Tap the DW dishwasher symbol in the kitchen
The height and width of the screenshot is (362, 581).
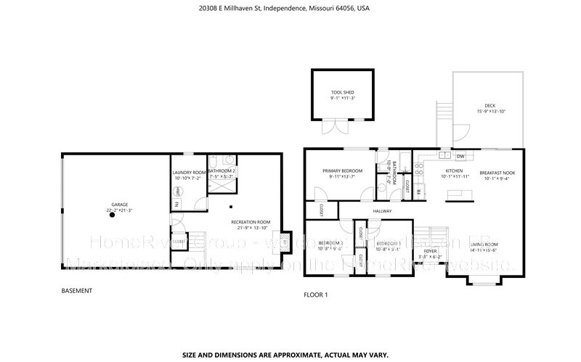461,156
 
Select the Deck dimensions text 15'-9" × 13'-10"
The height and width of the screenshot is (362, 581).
491,112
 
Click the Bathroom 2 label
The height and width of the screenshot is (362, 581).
222,172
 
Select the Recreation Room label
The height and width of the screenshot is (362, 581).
251,222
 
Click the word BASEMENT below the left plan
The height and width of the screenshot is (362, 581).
77,291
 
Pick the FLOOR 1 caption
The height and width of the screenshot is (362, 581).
316,295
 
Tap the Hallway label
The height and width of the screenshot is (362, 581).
382,211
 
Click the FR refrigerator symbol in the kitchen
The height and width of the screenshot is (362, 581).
419,192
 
